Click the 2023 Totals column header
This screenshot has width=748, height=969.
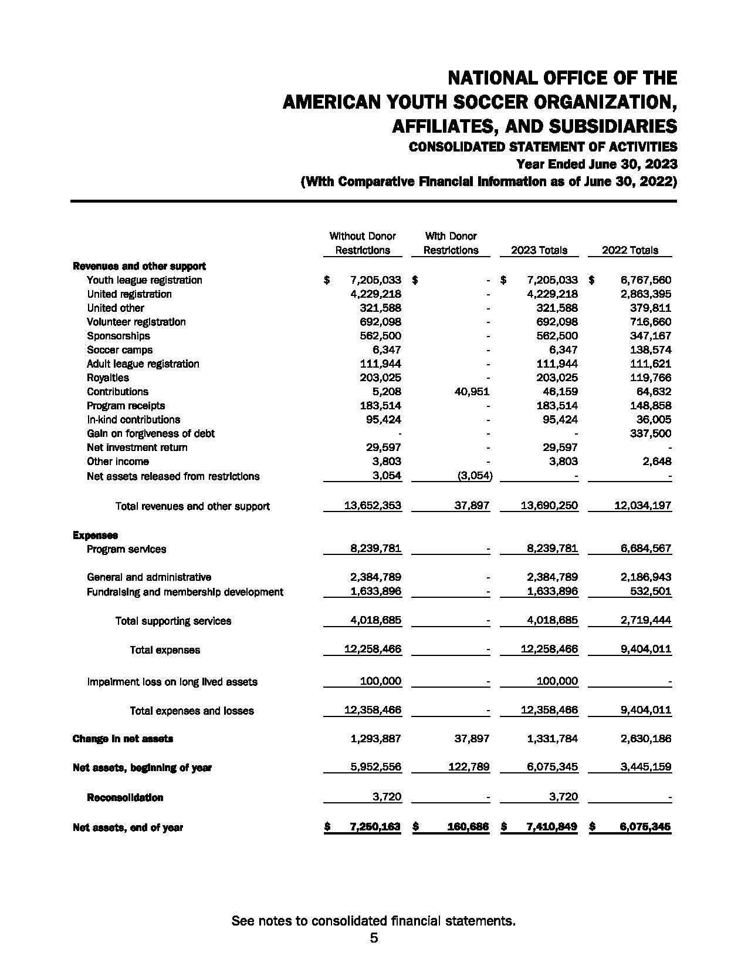coord(539,250)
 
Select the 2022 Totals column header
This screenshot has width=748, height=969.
coord(629,250)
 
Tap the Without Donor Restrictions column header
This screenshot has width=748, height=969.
coord(363,243)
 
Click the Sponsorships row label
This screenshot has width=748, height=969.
coord(118,336)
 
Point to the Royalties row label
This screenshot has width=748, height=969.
coord(108,378)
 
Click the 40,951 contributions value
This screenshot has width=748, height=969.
coord(472,392)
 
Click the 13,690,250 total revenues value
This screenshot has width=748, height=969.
coord(549,506)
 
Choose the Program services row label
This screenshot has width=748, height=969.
coord(126,550)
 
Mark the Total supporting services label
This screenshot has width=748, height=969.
coord(173,621)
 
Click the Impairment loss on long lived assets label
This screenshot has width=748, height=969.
coord(172,682)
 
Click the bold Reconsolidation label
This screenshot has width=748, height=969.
coord(125,798)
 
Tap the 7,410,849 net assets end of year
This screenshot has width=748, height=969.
coord(551,827)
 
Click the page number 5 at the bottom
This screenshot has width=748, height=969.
coord(374,938)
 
